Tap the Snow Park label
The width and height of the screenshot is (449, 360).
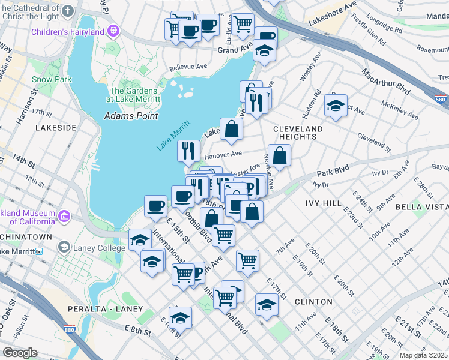click(52, 79)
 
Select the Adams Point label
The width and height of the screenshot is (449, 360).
click(131, 116)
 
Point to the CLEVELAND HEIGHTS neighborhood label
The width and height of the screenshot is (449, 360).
click(298, 133)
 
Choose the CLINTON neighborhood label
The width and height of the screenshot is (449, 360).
click(313, 302)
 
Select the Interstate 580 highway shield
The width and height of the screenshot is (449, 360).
click(440, 98)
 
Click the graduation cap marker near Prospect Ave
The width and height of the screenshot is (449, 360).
click(336, 107)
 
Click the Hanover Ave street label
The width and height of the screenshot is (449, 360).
click(223, 155)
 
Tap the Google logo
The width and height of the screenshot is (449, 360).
click(20, 353)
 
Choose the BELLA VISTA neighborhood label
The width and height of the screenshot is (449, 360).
click(421, 207)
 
